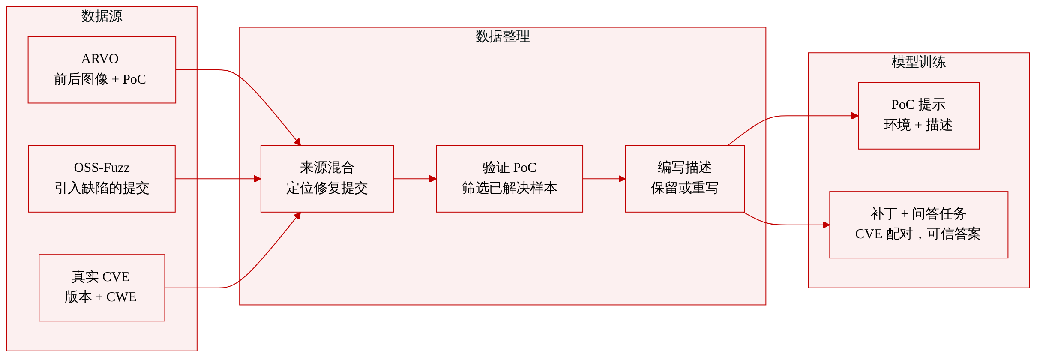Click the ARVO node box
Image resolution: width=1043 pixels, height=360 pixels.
coord(102,70)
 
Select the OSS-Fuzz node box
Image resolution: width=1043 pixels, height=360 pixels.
coord(102,179)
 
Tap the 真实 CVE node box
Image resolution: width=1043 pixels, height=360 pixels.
coord(102,288)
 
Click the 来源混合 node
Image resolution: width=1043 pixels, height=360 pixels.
coord(327,179)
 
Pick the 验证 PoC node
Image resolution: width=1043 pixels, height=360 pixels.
coord(510,179)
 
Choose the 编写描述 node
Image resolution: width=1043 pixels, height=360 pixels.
coord(685,179)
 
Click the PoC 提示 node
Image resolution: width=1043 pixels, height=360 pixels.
coord(919,116)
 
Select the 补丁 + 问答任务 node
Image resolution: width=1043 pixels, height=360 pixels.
coord(919,225)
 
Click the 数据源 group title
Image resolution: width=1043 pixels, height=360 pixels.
coord(102,16)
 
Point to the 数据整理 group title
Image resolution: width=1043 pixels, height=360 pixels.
coord(503,36)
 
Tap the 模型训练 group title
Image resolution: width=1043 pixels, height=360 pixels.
coord(919,62)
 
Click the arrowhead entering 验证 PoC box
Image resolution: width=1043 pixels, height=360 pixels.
coord(433,179)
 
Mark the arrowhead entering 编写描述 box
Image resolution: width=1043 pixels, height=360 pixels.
coord(622,179)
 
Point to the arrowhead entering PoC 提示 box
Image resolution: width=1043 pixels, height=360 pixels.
coord(855,116)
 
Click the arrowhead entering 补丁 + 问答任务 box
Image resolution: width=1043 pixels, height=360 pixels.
coord(826,225)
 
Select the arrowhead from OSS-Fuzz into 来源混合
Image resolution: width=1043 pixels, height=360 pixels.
coord(258,179)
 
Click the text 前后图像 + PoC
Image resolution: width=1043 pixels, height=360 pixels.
coord(100,79)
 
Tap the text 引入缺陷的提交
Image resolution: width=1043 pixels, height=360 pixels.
coord(102,188)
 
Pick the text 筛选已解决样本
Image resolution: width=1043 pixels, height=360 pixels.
coord(510,188)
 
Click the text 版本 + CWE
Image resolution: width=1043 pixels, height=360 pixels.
coord(101,297)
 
